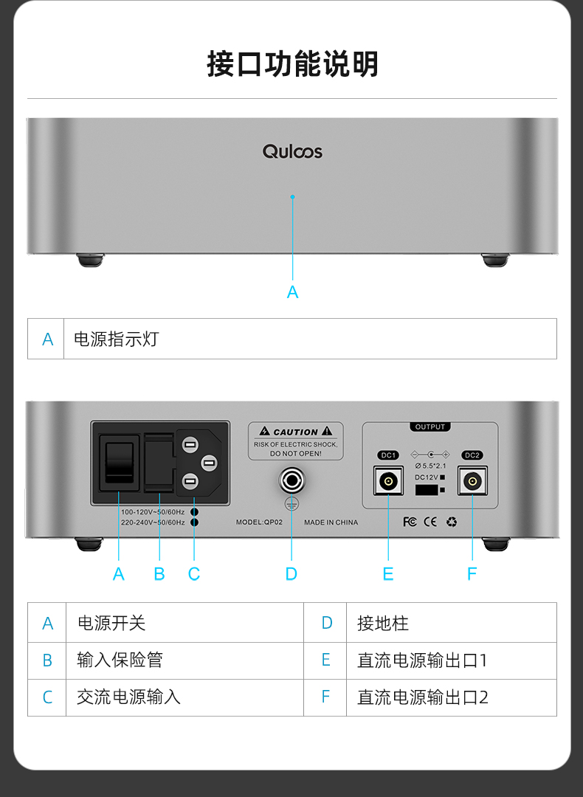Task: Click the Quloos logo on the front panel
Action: (x=292, y=151)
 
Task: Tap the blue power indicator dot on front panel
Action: (x=292, y=196)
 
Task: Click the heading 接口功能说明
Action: (x=292, y=64)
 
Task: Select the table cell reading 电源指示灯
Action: (x=117, y=339)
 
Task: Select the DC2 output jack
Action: (x=472, y=483)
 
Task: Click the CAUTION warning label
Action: (x=295, y=441)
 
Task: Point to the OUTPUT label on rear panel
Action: (x=430, y=427)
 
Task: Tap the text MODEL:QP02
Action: (x=260, y=522)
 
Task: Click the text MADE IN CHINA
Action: (x=331, y=522)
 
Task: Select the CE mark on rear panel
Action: (x=430, y=522)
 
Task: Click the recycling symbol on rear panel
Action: (x=451, y=522)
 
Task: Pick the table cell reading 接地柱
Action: (x=382, y=623)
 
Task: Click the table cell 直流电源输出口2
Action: (x=422, y=697)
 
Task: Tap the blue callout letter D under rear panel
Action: (x=291, y=574)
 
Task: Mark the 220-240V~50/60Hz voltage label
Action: (x=153, y=522)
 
